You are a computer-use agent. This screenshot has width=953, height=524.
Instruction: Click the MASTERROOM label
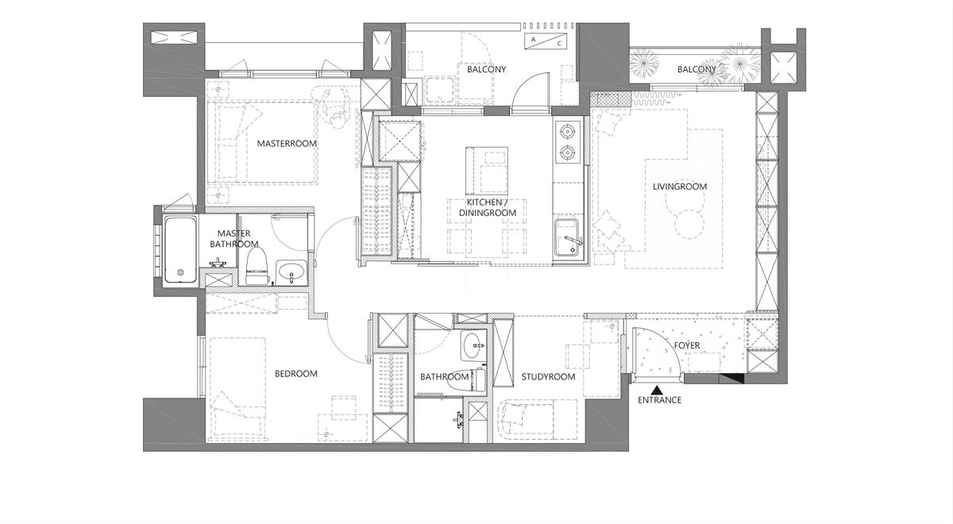tap(287, 144)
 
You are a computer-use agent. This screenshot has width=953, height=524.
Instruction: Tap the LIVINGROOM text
tap(680, 187)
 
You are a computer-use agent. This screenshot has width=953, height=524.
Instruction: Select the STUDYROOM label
tap(549, 377)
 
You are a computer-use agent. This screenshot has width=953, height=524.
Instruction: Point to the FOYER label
tap(687, 345)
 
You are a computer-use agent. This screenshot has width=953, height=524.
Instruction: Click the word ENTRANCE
tap(659, 400)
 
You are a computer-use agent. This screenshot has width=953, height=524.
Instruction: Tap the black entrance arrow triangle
tap(658, 389)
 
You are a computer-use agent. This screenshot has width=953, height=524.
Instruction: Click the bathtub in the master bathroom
tap(180, 249)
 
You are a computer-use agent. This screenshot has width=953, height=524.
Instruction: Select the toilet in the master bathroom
tap(257, 267)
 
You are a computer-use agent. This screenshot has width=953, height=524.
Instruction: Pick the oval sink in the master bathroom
tap(291, 270)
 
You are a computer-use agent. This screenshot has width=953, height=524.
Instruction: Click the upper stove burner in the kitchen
tap(568, 130)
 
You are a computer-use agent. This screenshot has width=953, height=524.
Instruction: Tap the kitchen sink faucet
tap(573, 241)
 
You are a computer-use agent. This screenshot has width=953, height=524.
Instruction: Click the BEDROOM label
tap(296, 374)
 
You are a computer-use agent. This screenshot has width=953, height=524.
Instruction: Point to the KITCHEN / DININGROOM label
tap(488, 207)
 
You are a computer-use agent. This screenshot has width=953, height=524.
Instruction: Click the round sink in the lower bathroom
tap(473, 346)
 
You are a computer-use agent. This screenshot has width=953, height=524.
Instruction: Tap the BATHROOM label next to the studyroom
tap(445, 377)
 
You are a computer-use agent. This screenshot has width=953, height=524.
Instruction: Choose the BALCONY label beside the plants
tap(697, 69)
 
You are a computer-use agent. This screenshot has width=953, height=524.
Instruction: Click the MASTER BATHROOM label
tap(234, 239)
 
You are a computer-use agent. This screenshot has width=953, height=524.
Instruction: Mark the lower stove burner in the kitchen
tap(568, 152)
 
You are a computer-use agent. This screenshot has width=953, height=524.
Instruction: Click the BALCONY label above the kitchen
tap(487, 69)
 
